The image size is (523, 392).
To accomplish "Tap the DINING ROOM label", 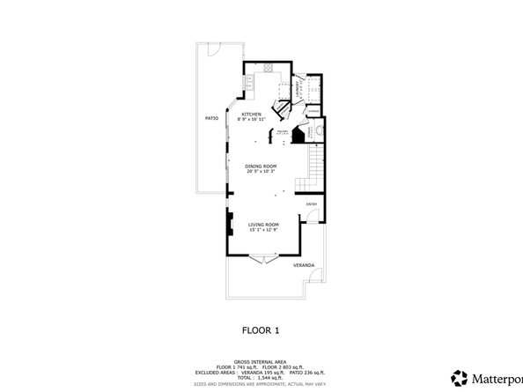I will coord(261,166).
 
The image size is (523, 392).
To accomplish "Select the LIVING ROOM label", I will coord(262,225).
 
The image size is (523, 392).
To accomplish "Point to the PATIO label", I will coord(211,117).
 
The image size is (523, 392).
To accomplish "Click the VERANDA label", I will coord(303,264).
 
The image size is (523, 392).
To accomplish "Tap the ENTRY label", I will coord(311,204).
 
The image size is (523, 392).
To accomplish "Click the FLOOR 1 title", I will coord(261,330).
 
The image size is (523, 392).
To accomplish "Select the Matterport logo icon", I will coord(459,377).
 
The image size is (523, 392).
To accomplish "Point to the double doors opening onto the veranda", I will coord(261,259).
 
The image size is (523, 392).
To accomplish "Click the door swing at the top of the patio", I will coord(209,48).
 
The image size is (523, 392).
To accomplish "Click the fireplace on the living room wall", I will coord(229,224).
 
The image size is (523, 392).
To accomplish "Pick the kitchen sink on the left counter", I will coord(248,84).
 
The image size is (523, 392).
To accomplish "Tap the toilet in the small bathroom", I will coord(320,133).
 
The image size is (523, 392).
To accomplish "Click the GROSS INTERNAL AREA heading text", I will coord(261,362).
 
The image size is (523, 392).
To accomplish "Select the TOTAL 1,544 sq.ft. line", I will coord(261,376).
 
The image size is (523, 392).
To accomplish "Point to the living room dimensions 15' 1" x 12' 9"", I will coord(262,230).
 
